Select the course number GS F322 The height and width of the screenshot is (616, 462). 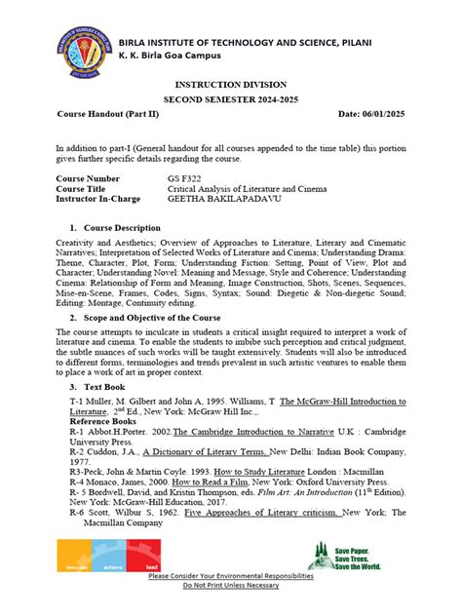click(184, 179)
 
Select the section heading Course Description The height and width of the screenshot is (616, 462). click(122, 227)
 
